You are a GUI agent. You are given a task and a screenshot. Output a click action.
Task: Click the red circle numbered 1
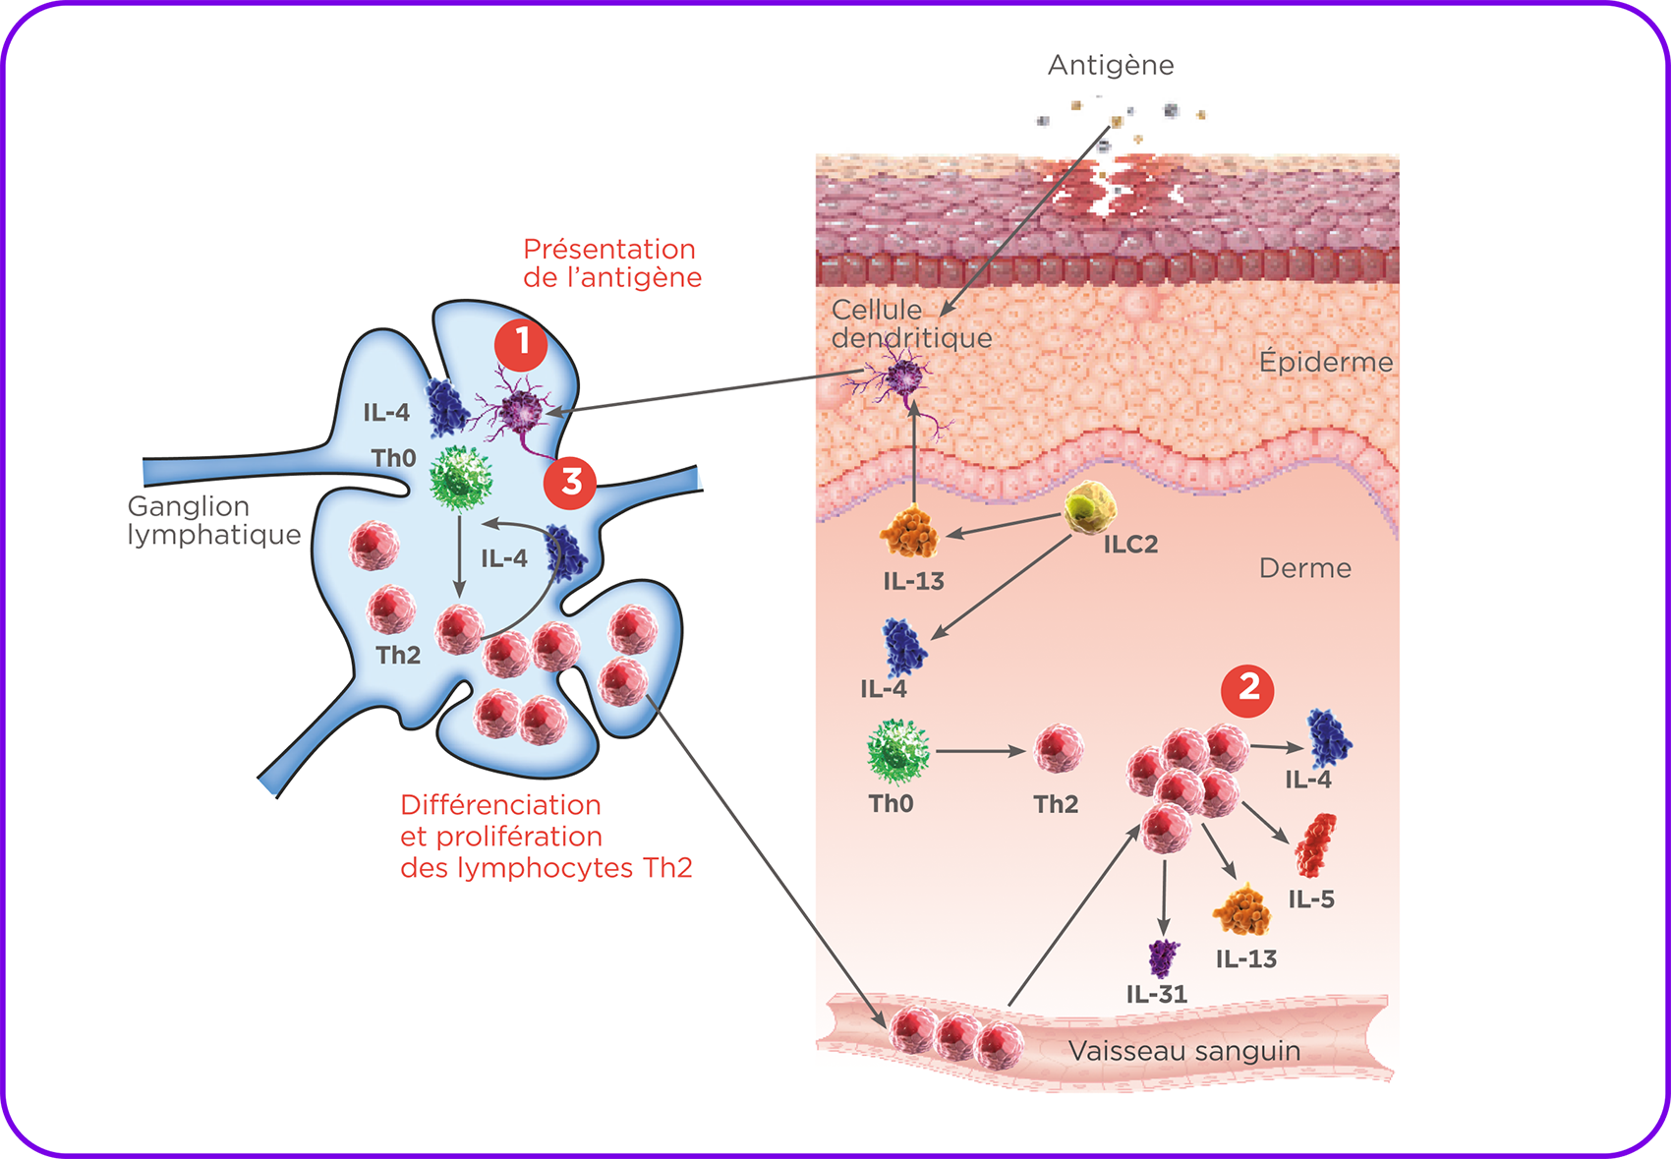click(x=521, y=345)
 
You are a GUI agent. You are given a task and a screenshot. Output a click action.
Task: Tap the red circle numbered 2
click(x=1247, y=691)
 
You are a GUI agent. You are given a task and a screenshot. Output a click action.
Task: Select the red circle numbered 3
click(x=570, y=484)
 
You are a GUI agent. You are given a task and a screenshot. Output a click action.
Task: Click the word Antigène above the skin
click(x=1111, y=66)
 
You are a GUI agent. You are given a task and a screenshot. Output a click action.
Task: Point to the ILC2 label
click(x=1131, y=545)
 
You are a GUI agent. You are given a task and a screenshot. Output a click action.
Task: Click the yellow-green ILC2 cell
click(x=1090, y=508)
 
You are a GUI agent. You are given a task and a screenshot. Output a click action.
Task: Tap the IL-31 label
click(x=1156, y=994)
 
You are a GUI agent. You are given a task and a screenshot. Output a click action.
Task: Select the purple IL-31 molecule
click(x=1163, y=957)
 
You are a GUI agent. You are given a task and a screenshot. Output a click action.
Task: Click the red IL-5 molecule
click(x=1315, y=845)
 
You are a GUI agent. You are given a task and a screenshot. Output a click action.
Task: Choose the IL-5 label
click(x=1311, y=899)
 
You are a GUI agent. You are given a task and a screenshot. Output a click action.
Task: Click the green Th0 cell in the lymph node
click(x=460, y=478)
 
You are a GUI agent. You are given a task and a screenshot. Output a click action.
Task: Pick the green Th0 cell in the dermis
click(x=898, y=752)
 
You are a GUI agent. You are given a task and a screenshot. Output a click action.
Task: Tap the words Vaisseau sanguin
click(x=1183, y=1051)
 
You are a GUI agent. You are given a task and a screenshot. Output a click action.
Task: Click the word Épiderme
click(x=1326, y=362)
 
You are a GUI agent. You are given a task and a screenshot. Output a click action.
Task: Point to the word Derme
click(x=1304, y=568)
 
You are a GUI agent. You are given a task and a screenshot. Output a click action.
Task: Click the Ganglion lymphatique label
click(x=214, y=521)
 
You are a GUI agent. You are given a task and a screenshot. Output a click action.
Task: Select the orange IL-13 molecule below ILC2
click(x=909, y=531)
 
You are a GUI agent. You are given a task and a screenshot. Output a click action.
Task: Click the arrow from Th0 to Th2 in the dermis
click(x=981, y=751)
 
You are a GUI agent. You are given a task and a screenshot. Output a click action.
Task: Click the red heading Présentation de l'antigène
click(x=611, y=263)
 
